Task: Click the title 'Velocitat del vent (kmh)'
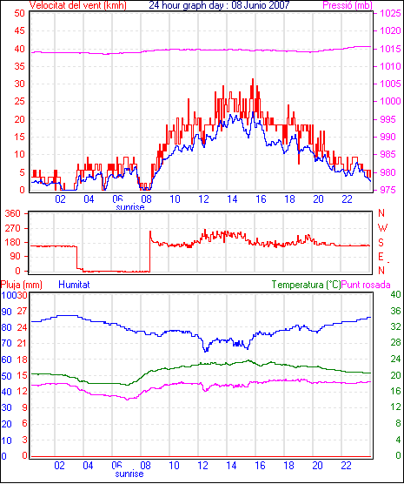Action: pos(77,5)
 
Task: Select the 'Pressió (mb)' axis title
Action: pos(348,5)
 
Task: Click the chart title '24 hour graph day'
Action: pos(188,5)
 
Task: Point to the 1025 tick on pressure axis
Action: pos(390,13)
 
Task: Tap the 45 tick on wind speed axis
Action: pos(19,30)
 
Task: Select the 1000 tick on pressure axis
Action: pos(390,101)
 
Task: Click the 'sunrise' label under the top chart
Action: pos(130,207)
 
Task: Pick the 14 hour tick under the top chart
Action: pos(232,199)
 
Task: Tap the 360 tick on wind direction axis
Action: pos(13,213)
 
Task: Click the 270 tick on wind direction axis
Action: pos(13,228)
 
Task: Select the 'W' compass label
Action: pos(382,228)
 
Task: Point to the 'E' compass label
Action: pos(381,257)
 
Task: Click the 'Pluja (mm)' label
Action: pos(21,285)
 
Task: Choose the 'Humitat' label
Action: pos(74,285)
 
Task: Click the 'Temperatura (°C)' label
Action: pos(307,285)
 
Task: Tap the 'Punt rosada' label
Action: pos(366,285)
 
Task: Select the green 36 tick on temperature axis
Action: pos(395,311)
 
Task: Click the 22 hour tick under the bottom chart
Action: pos(347,465)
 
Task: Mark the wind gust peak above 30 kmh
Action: pos(253,79)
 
